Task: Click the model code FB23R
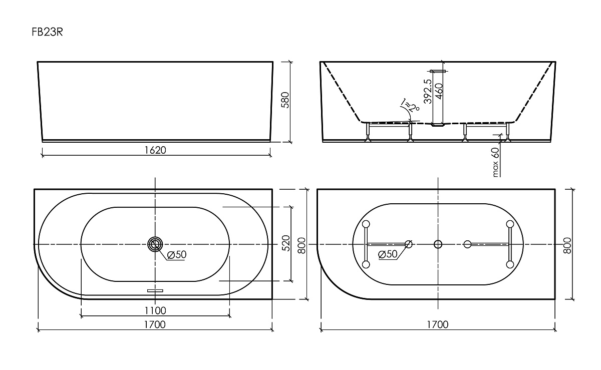pyautogui.click(x=47, y=32)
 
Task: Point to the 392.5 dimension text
pyautogui.click(x=427, y=91)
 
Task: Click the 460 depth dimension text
pyautogui.click(x=439, y=92)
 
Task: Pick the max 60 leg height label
pyautogui.click(x=496, y=161)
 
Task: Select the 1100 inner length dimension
pyautogui.click(x=155, y=311)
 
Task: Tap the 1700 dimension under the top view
pyautogui.click(x=155, y=324)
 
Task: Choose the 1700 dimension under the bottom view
pyautogui.click(x=438, y=324)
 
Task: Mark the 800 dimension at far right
pyautogui.click(x=567, y=244)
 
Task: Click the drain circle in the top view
pyautogui.click(x=155, y=244)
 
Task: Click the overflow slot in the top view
pyautogui.click(x=155, y=289)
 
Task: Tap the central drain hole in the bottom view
pyautogui.click(x=438, y=244)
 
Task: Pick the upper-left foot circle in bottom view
pyautogui.click(x=366, y=224)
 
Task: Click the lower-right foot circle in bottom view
pyautogui.click(x=510, y=264)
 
